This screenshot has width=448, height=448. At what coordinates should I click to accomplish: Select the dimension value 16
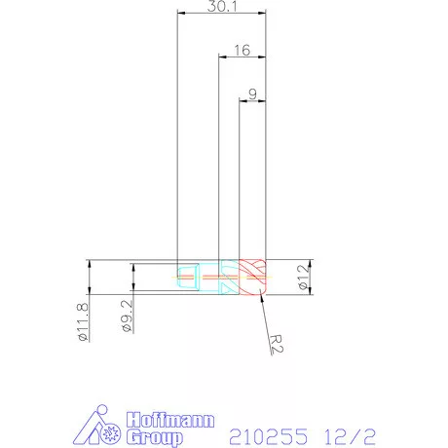pyautogui.click(x=243, y=50)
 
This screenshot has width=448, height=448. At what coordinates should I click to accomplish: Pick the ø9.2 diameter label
pyautogui.click(x=127, y=315)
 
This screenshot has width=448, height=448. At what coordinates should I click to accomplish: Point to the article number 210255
pyautogui.click(x=270, y=429)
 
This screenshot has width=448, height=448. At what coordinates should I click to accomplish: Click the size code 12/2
pyautogui.click(x=350, y=429)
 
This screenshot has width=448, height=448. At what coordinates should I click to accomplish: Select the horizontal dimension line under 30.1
pyautogui.click(x=222, y=15)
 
